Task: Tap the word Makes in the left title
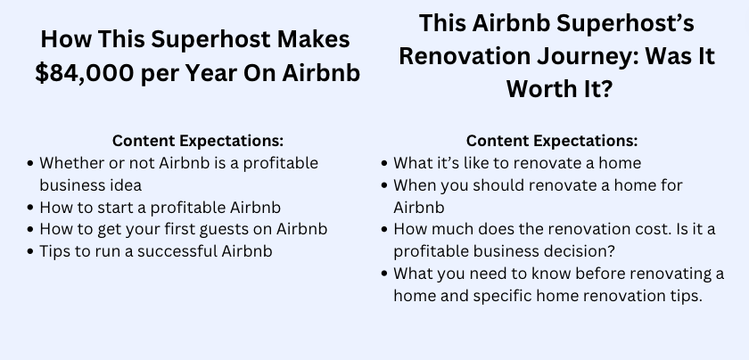click(313, 39)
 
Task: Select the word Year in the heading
click(212, 73)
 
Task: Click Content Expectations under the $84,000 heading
click(198, 141)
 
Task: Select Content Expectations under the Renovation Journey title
click(552, 141)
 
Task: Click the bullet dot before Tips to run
click(30, 251)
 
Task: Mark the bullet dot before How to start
click(30, 208)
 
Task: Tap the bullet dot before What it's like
click(384, 163)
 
